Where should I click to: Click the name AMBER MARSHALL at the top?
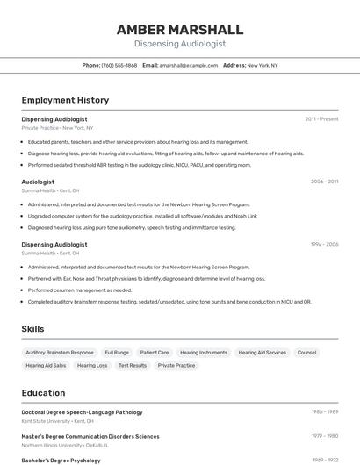(180, 30)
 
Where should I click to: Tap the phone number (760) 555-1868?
(119, 65)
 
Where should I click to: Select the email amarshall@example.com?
(188, 65)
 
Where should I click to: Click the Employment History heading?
(65, 100)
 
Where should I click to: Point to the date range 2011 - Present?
(321, 118)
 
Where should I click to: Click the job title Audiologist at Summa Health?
(38, 182)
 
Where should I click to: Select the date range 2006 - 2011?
(324, 182)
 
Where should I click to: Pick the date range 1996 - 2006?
(324, 245)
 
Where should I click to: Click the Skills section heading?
(33, 329)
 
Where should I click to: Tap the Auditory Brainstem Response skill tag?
(60, 353)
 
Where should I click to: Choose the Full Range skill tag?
(117, 353)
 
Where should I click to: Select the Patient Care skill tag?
(155, 353)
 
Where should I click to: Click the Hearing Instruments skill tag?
(204, 353)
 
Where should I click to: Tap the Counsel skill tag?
(306, 353)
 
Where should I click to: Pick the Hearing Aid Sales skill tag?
(46, 365)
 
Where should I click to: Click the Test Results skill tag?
(133, 365)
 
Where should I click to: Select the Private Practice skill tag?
(176, 365)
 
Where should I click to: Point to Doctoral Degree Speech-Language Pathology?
(82, 412)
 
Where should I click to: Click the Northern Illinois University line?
(65, 445)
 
